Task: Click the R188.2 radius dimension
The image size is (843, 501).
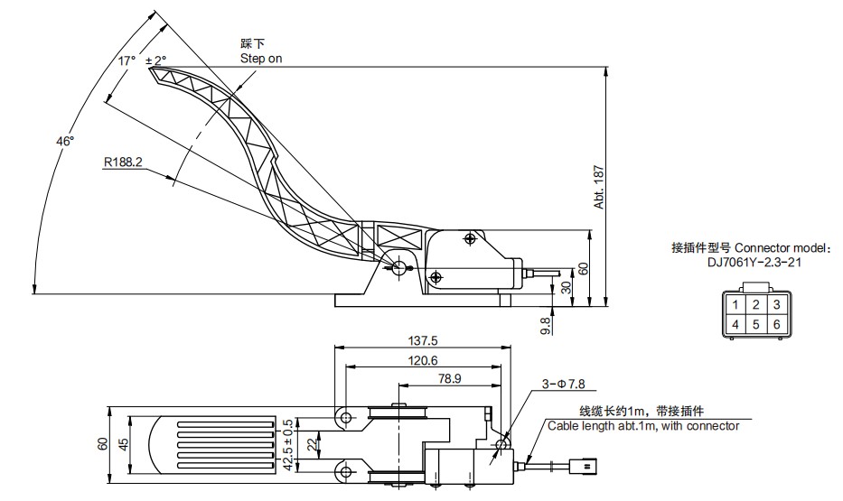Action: (123, 162)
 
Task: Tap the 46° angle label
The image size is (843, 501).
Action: (65, 141)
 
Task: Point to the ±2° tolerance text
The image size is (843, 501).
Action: (156, 60)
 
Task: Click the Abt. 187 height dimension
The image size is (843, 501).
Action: (598, 188)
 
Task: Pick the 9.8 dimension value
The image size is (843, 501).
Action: (545, 323)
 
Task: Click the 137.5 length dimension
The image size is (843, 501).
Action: (424, 341)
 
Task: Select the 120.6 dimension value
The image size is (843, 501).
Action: (424, 360)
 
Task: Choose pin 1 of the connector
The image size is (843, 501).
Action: (736, 304)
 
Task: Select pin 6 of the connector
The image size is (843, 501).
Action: (775, 324)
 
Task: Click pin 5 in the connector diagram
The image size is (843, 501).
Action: (756, 324)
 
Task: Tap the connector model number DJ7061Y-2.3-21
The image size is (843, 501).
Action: (754, 263)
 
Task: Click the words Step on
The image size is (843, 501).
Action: (261, 58)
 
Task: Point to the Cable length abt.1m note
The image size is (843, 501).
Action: (642, 426)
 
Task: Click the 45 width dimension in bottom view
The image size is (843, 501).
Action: (123, 443)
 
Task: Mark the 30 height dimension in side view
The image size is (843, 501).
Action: (567, 287)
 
